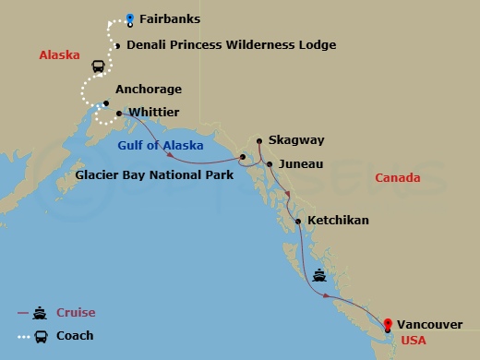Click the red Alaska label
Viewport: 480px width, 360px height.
coord(58,55)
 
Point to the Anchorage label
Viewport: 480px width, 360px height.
coord(149,90)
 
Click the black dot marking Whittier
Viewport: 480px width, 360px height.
coord(120,114)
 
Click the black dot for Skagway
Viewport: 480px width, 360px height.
coord(259,141)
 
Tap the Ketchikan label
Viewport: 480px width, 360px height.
coord(338,221)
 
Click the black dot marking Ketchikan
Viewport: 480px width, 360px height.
coord(297,222)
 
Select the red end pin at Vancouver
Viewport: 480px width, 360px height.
coord(388,323)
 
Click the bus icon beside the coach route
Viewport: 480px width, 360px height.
coord(98,66)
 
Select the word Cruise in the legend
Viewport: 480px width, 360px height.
coord(76,313)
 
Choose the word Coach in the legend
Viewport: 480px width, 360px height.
coord(75,336)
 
